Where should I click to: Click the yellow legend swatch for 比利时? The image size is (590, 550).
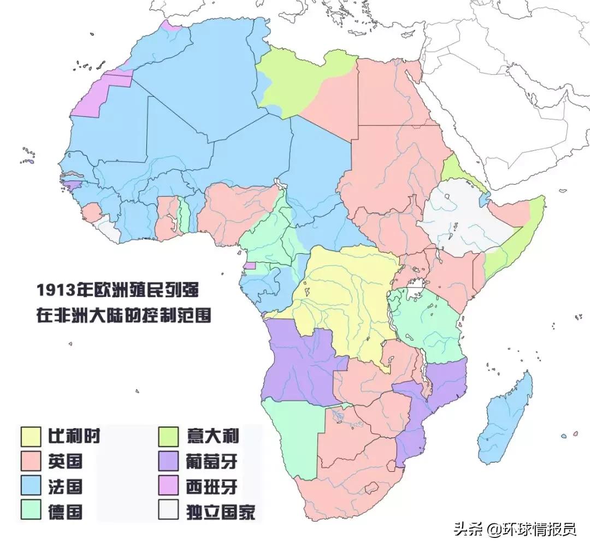click(32, 436)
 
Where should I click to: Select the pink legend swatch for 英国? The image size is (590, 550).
click(32, 461)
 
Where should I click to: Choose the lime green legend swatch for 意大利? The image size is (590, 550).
click(169, 436)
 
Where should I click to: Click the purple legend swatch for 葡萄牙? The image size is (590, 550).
click(169, 461)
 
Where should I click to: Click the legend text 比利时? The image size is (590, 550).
click(74, 436)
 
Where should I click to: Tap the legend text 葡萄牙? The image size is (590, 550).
click(211, 461)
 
